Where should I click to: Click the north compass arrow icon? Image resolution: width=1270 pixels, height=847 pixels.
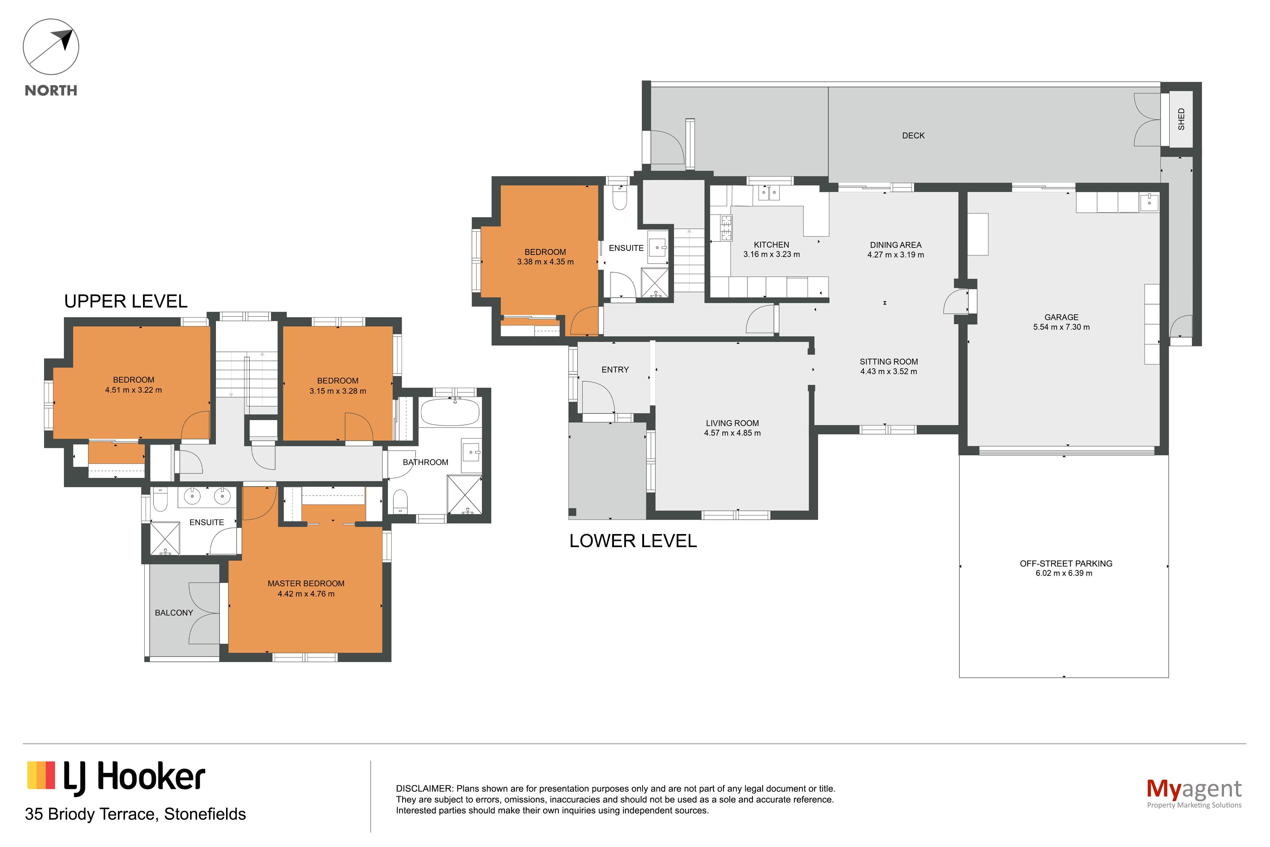click(x=51, y=47)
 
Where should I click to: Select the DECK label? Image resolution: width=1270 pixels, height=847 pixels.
click(x=913, y=135)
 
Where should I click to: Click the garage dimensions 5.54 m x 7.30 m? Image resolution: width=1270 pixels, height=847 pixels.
click(x=1061, y=327)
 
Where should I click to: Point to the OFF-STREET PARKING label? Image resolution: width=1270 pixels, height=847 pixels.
click(x=1066, y=563)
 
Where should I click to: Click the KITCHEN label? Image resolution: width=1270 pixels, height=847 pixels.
click(x=771, y=245)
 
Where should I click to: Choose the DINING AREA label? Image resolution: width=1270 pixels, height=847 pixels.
click(x=896, y=245)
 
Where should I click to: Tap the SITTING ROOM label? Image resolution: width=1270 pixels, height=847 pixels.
click(x=888, y=361)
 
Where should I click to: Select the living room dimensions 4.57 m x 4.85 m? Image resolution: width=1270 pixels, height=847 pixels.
click(x=732, y=433)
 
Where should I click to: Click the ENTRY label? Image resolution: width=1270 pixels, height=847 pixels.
click(x=615, y=370)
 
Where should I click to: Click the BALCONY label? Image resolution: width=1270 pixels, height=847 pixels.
click(x=174, y=612)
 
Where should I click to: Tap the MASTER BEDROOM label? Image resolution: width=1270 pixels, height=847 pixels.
click(x=306, y=583)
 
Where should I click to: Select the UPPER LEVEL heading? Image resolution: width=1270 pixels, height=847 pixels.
click(x=126, y=301)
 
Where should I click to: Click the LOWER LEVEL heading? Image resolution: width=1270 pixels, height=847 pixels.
click(x=633, y=541)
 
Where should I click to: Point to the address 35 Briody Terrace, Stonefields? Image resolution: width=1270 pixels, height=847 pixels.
click(x=135, y=814)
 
